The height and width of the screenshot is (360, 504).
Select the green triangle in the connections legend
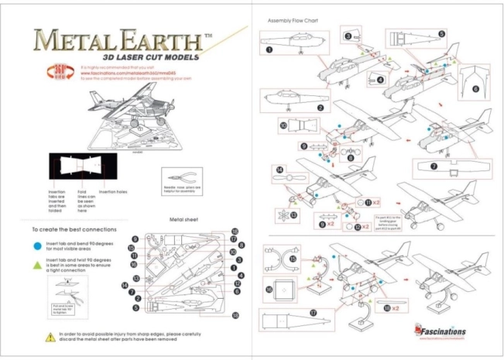tap(37, 264)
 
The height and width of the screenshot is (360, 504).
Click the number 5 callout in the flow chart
tap(441, 34)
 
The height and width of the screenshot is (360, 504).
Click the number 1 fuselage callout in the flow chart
tap(269, 49)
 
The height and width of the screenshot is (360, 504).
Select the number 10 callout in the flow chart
tap(283, 124)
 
